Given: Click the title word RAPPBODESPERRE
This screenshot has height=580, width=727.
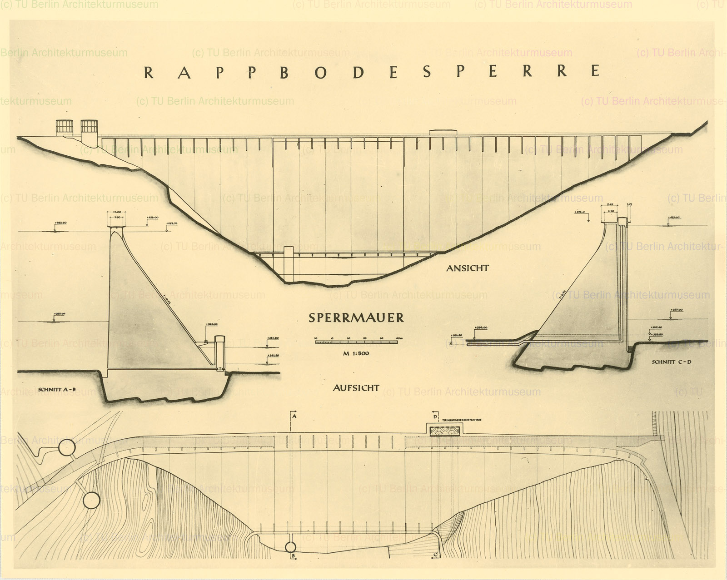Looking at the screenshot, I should [x=372, y=72].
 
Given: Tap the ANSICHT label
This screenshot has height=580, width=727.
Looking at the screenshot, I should [x=467, y=268].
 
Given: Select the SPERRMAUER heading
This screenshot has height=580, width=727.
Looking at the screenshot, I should [x=356, y=317].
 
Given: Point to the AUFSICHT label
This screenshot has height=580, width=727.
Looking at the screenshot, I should [x=356, y=388].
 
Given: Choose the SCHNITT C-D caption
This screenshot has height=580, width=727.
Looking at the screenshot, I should [x=671, y=362].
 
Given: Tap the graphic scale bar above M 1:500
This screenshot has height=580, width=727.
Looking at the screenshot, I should [x=356, y=340].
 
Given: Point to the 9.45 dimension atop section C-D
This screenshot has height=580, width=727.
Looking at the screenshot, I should [x=610, y=205].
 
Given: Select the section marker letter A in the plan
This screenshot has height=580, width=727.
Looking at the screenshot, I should [x=294, y=416].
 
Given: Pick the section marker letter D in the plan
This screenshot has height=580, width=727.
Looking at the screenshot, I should [x=435, y=416].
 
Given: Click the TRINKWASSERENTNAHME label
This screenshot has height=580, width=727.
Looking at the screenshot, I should [x=462, y=420].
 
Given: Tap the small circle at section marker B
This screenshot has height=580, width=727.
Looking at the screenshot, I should [x=290, y=546].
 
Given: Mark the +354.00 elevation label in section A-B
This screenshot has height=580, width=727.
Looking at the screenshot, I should [x=211, y=324].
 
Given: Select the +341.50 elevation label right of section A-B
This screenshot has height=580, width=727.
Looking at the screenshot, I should [x=274, y=356].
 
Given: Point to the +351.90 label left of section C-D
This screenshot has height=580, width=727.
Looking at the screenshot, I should [x=456, y=336].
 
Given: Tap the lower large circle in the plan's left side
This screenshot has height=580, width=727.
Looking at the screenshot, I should [x=91, y=501].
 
